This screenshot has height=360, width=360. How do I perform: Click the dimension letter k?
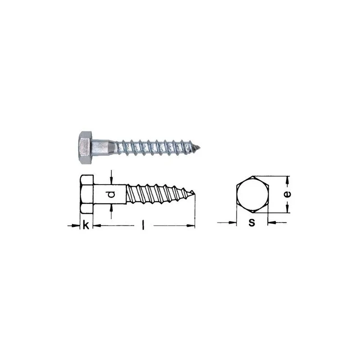pos(85,225)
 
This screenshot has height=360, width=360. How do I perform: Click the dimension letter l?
pos(143,225)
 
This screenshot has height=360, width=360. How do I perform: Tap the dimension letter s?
pos(252,222)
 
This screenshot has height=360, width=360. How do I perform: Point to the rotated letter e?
pos(287,194)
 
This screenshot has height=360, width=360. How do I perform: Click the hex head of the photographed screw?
pos(85,148)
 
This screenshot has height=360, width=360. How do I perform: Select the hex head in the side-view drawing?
pos(87,194)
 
